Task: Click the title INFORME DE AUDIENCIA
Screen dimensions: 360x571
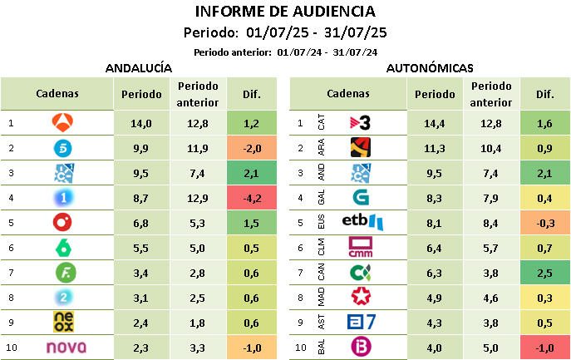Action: coord(285,12)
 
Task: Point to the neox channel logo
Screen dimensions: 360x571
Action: coord(62,323)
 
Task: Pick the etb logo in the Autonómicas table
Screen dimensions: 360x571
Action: coord(362,223)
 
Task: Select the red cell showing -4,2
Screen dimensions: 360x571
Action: coord(252,199)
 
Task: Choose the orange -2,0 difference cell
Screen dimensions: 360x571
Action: coord(252,149)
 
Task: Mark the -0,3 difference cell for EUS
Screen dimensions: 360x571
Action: coord(544,223)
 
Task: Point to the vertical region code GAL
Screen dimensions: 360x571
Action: coord(322,198)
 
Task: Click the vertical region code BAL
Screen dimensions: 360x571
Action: coord(322,348)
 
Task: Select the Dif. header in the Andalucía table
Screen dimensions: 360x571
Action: coord(252,94)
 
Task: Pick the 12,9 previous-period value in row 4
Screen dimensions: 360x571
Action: coord(197,199)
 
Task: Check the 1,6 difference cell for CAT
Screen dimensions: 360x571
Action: coord(544,123)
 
